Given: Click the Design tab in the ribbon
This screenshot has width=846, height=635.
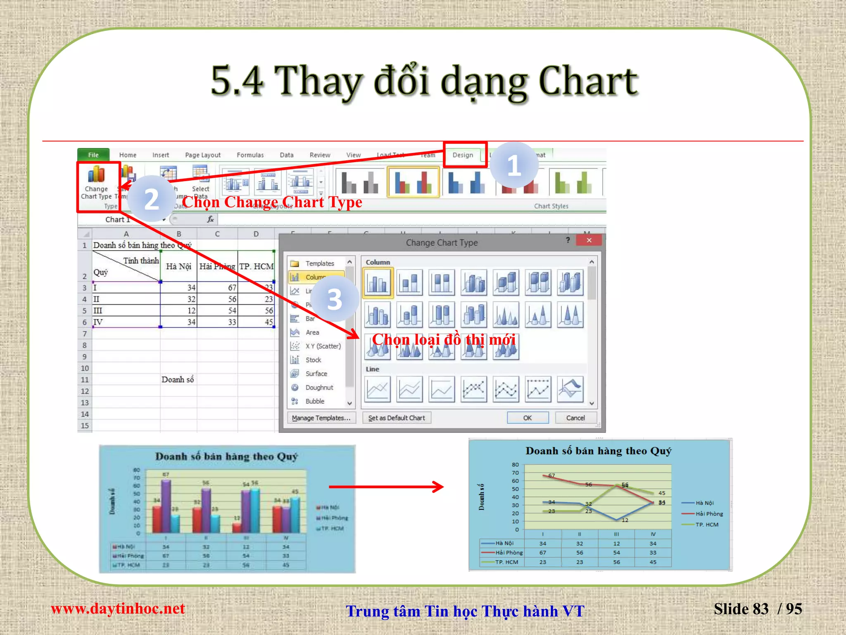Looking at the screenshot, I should click(463, 155).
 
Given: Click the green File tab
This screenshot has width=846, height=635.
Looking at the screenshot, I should click(93, 155).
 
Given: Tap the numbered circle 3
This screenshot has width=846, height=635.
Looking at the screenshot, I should click(335, 299).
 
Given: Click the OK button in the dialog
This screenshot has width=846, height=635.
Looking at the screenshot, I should click(528, 418).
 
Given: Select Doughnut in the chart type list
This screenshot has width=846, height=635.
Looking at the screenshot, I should click(319, 388).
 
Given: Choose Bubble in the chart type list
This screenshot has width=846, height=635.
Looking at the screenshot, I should click(315, 401).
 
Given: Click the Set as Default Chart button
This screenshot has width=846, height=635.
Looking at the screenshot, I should click(397, 418).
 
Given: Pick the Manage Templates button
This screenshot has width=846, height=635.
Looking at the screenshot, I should click(321, 418).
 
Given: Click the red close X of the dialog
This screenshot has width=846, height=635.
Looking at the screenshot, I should click(589, 241).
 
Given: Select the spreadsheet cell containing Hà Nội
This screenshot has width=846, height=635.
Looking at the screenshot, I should click(178, 267).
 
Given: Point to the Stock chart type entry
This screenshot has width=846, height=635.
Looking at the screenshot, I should click(313, 360).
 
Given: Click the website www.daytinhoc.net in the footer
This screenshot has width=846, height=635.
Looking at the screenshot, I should click(118, 609).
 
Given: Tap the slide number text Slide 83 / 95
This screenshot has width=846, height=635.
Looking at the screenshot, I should click(758, 609).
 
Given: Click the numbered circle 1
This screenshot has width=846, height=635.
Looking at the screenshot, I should click(514, 165).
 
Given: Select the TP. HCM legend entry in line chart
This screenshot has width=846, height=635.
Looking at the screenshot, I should click(707, 525).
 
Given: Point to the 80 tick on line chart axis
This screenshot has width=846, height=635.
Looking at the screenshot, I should click(515, 465).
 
